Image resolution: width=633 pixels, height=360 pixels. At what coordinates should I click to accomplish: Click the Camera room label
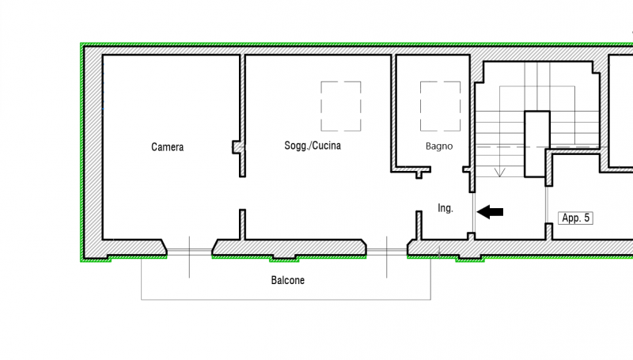tap(167, 147)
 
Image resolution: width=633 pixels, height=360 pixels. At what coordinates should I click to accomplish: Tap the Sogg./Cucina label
tap(313, 146)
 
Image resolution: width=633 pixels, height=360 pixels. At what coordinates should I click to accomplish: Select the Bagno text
tap(439, 146)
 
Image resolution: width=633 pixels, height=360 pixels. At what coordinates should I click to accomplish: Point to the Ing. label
tap(445, 208)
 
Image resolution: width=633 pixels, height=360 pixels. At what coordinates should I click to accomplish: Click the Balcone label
tap(288, 280)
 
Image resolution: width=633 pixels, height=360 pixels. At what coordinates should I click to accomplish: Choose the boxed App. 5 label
tap(576, 218)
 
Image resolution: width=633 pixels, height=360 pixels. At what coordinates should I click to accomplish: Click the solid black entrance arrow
tap(490, 212)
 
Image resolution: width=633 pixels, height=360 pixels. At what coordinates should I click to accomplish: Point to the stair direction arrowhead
tap(500, 172)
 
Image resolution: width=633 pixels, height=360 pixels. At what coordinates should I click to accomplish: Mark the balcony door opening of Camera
tap(189, 252)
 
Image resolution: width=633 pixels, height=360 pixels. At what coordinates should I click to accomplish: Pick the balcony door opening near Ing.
tap(387, 252)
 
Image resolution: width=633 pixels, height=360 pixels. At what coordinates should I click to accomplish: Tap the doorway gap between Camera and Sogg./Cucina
tap(242, 193)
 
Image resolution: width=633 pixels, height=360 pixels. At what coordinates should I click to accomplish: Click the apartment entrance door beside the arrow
tap(473, 212)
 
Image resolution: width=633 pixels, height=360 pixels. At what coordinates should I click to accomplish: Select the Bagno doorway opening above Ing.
tap(447, 169)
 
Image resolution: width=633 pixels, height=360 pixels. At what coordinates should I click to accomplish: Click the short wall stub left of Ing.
tap(419, 225)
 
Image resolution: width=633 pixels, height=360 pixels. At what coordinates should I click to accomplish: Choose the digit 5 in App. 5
tap(586, 218)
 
